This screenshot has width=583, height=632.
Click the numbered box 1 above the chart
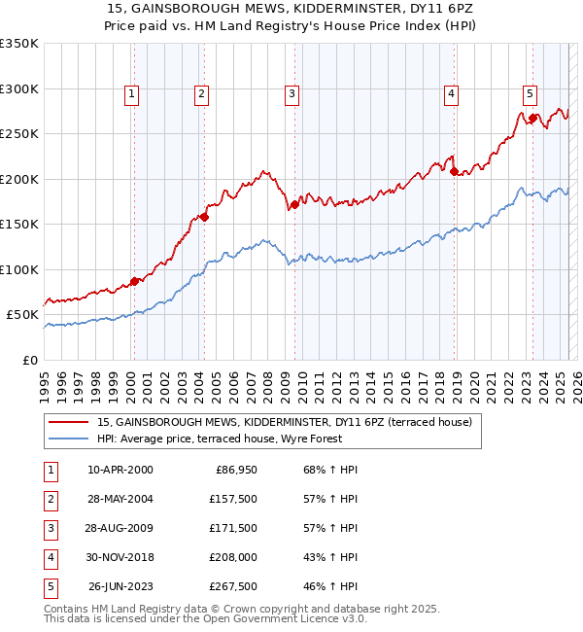[131, 94]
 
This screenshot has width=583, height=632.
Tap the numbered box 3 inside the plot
[291, 94]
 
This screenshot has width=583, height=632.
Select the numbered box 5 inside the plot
[530, 94]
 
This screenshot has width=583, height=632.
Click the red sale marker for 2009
[294, 205]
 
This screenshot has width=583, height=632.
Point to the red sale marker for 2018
[454, 171]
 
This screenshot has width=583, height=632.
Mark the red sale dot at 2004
[204, 217]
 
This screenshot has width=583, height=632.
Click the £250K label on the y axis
[18, 134]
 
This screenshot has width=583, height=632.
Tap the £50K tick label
[22, 315]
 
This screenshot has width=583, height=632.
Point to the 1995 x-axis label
[45, 379]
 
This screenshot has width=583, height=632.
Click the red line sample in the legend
[69, 422]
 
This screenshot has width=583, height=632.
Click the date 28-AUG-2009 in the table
[120, 528]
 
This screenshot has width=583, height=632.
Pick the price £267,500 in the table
[231, 586]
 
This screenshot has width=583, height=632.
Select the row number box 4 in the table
[49, 557]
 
